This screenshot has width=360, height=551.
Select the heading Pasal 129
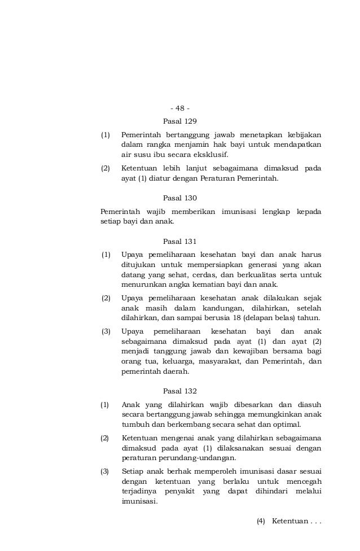[x=179, y=121]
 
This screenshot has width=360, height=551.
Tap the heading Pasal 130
[x=179, y=198]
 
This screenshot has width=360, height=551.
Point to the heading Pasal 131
[x=179, y=241]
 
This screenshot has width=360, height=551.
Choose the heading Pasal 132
[x=179, y=391]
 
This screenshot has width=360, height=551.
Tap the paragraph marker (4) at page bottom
[x=261, y=521]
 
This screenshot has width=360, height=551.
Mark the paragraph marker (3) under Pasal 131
[x=106, y=331]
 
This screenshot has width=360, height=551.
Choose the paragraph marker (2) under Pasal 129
[x=106, y=168]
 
